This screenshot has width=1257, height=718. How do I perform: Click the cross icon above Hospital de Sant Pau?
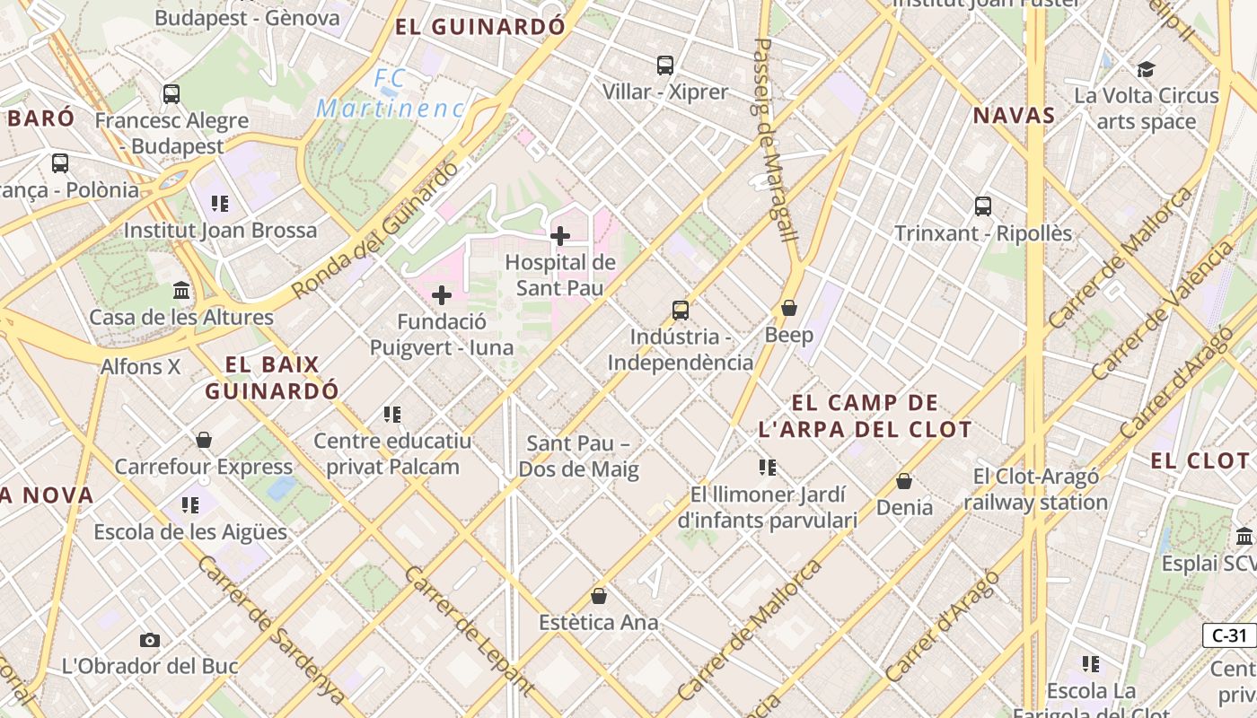[560, 236]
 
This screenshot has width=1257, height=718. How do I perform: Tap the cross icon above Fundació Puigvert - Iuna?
[442, 295]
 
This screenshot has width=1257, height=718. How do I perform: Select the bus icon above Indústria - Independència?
[681, 311]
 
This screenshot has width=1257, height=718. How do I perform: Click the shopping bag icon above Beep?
[789, 308]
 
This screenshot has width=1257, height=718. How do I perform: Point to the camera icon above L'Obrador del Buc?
[150, 640]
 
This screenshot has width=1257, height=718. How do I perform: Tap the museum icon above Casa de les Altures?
[181, 290]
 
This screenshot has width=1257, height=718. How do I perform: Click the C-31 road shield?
[1229, 635]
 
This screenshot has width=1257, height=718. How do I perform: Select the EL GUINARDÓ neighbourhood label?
[480, 27]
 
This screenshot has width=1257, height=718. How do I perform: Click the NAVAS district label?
[1014, 116]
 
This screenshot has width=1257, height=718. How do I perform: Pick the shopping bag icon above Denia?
[904, 481]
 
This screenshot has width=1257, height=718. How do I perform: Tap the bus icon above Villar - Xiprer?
[665, 65]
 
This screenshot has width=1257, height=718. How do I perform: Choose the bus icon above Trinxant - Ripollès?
[983, 206]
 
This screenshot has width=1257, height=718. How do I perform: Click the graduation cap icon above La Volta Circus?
[1146, 69]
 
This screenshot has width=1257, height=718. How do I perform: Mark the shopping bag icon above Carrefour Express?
[204, 440]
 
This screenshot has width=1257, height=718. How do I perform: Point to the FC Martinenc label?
[391, 94]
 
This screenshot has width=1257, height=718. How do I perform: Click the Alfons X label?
[140, 366]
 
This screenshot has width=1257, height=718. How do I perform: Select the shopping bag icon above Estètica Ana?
[599, 595]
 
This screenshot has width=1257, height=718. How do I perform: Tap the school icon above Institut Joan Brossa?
[220, 204]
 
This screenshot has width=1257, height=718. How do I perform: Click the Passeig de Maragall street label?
[775, 139]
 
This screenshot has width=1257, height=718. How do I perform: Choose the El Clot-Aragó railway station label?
[1035, 489]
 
